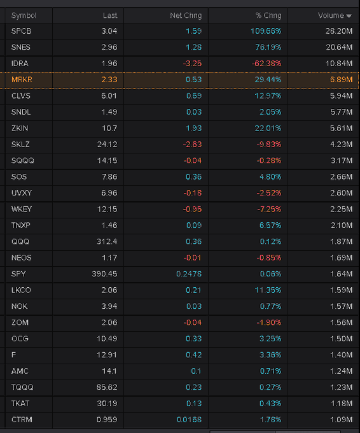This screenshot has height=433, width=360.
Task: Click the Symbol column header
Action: [x=24, y=15]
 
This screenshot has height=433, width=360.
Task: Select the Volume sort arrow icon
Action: [x=349, y=16]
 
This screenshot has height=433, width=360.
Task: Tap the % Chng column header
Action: [x=268, y=15]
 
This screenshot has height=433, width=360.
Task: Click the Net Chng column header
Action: [x=186, y=15]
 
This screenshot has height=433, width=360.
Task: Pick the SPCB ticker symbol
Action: [x=21, y=31]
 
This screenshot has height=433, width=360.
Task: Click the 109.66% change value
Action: [x=266, y=31]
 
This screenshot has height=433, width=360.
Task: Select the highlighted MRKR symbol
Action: [x=22, y=80]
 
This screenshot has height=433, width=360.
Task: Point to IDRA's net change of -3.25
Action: [x=192, y=64]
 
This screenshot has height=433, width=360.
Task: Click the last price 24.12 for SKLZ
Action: [x=107, y=145]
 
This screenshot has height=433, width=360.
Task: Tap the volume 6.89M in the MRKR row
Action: [x=342, y=80]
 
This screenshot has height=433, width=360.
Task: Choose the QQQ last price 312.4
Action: [x=107, y=241]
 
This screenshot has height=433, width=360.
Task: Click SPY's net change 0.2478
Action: [x=189, y=274]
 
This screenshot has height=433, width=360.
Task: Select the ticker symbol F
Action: [x=13, y=355]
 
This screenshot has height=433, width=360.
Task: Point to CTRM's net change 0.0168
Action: [x=190, y=420]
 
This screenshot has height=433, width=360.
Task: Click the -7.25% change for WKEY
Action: [x=269, y=209]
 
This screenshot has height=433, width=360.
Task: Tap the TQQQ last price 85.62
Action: [x=107, y=387]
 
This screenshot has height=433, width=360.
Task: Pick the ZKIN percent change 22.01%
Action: [x=268, y=128]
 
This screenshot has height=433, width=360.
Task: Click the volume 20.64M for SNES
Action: [x=339, y=47]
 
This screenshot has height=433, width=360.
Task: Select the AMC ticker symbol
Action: [x=20, y=371]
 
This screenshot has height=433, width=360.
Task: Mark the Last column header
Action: [x=110, y=15]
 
